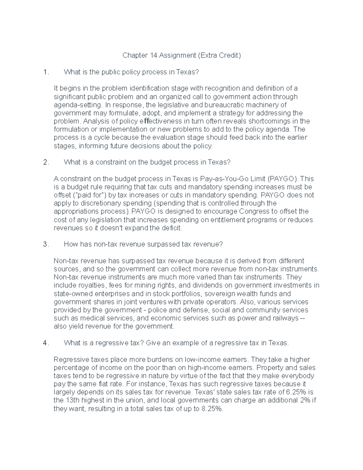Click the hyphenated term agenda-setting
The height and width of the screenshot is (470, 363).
tap(77, 105)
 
